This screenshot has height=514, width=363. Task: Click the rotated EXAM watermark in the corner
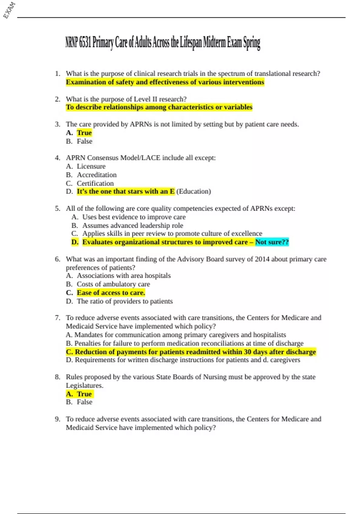tap(9, 10)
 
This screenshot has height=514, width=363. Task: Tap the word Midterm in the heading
tap(214, 43)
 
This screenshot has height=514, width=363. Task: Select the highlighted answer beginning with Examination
tap(165, 82)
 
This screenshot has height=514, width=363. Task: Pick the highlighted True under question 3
tap(84, 133)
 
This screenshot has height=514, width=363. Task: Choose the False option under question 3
tap(84, 141)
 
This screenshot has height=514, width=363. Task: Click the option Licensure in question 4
tap(91, 166)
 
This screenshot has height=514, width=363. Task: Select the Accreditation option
tap(96, 175)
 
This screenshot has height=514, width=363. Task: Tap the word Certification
tap(95, 183)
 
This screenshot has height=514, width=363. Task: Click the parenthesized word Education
tap(194, 191)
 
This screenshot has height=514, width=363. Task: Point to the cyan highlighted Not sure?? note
tap(272, 242)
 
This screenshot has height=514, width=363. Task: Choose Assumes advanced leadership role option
tap(132, 226)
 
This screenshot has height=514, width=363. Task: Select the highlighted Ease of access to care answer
tap(111, 293)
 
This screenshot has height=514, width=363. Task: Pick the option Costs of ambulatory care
tap(113, 284)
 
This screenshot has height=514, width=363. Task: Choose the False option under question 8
tap(84, 402)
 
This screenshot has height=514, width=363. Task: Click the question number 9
tap(57, 419)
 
